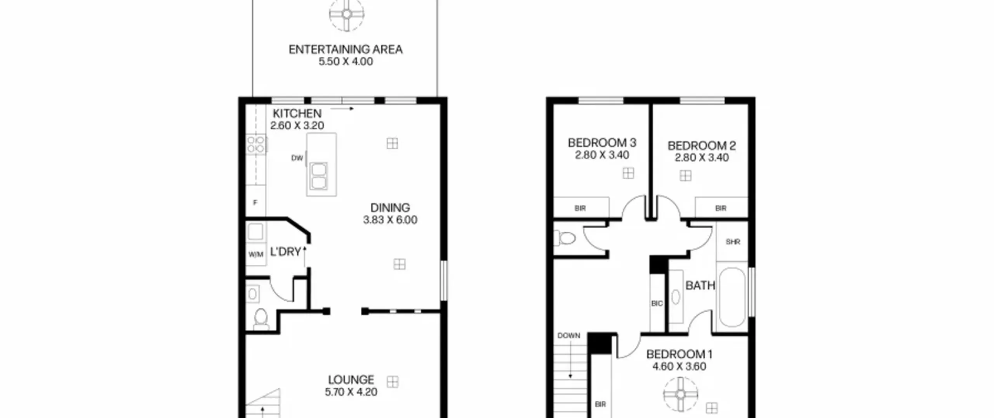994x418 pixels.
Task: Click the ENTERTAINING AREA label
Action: (x=346, y=50)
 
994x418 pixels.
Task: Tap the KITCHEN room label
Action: (x=297, y=114)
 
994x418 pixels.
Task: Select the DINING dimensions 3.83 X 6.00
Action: (x=390, y=220)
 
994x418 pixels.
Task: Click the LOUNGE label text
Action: (x=351, y=380)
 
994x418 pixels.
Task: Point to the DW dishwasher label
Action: (x=297, y=158)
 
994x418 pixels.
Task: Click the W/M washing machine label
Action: (x=256, y=255)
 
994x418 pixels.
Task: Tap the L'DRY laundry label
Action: (x=285, y=252)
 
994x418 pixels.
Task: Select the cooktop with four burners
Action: (x=256, y=144)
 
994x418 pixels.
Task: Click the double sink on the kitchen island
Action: (x=319, y=176)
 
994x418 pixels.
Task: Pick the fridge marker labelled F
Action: (x=255, y=203)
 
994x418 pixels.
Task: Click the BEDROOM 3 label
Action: (x=602, y=143)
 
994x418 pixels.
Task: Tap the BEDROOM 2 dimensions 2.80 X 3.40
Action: (x=702, y=158)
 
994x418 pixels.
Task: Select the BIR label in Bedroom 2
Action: (x=721, y=208)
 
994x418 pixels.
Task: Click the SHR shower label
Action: (x=733, y=242)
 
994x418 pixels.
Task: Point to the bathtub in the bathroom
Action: (x=732, y=297)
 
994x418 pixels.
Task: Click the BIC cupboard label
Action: (x=657, y=303)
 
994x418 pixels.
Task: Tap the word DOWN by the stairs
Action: (x=569, y=336)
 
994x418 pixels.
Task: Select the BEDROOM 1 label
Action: (x=679, y=354)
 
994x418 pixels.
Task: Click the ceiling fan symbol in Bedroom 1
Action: (x=681, y=394)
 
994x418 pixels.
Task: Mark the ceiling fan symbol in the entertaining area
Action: (x=347, y=14)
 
